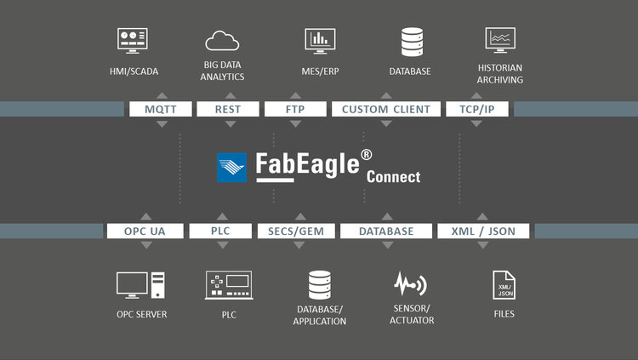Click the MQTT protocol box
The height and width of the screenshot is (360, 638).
tap(160, 109)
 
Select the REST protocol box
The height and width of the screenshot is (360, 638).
tap(227, 109)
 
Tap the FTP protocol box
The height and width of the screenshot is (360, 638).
tap(294, 109)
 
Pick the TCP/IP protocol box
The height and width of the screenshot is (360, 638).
tap(476, 109)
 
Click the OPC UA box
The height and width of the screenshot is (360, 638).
tap(145, 231)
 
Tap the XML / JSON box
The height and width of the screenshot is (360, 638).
tap(482, 231)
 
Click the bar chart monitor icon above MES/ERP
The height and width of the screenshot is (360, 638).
tap(320, 40)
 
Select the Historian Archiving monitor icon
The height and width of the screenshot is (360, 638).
tap(500, 40)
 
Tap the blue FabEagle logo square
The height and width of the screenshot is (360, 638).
tap(231, 167)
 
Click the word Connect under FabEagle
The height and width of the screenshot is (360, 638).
tap(393, 178)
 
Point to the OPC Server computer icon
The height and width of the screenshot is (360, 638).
tap(140, 285)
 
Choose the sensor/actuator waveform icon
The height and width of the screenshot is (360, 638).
tap(411, 283)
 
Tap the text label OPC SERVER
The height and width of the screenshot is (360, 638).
tap(141, 315)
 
